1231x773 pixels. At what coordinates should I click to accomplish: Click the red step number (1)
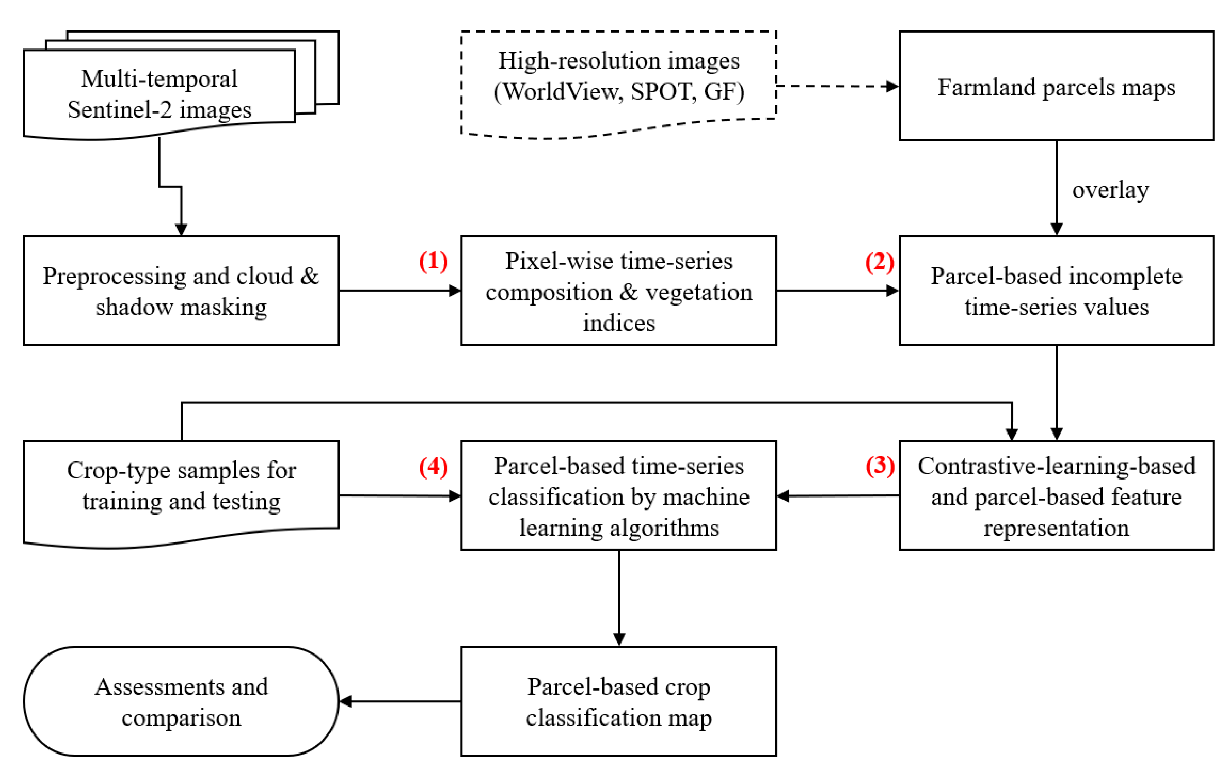[x=433, y=262]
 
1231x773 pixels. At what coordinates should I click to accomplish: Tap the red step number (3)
[x=879, y=466]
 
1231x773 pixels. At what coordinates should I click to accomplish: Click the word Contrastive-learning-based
[x=1056, y=466]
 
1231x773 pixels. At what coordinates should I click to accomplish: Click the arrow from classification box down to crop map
[x=619, y=598]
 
